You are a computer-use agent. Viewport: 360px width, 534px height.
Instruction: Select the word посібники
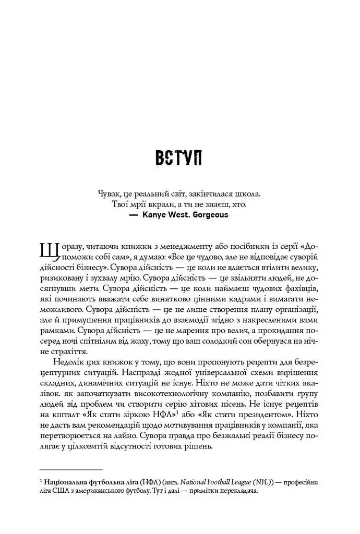click(235, 245)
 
